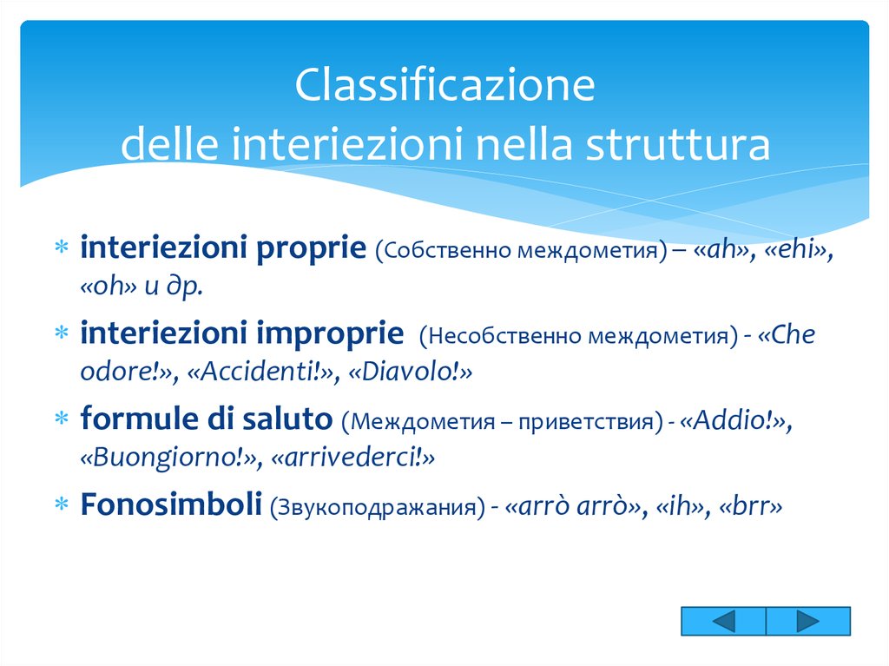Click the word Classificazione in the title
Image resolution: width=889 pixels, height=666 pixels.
pos(444,88)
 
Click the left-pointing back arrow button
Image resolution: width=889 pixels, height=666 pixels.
pos(724,622)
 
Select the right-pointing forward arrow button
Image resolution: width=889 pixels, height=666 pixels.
pos(807,622)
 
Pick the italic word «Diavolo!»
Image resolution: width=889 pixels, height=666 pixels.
pos(410,373)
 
